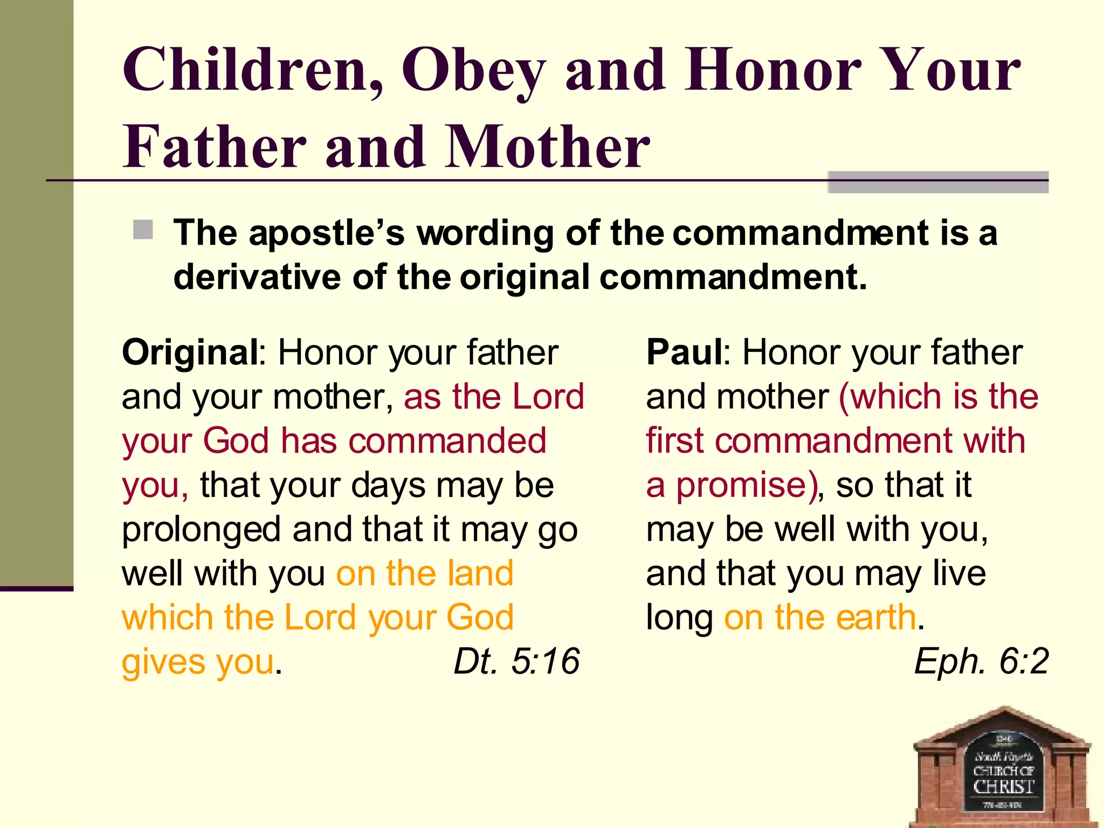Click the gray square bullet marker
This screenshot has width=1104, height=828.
143,230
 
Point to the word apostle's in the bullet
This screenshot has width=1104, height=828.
327,234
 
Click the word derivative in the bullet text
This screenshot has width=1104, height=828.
257,277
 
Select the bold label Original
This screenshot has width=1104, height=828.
190,353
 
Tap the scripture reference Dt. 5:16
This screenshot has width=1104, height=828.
516,661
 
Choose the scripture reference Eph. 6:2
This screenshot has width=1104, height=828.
981,661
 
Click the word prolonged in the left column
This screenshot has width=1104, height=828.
201,530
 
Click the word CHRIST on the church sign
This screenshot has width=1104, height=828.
1003,786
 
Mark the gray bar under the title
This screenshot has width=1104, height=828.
937,182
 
